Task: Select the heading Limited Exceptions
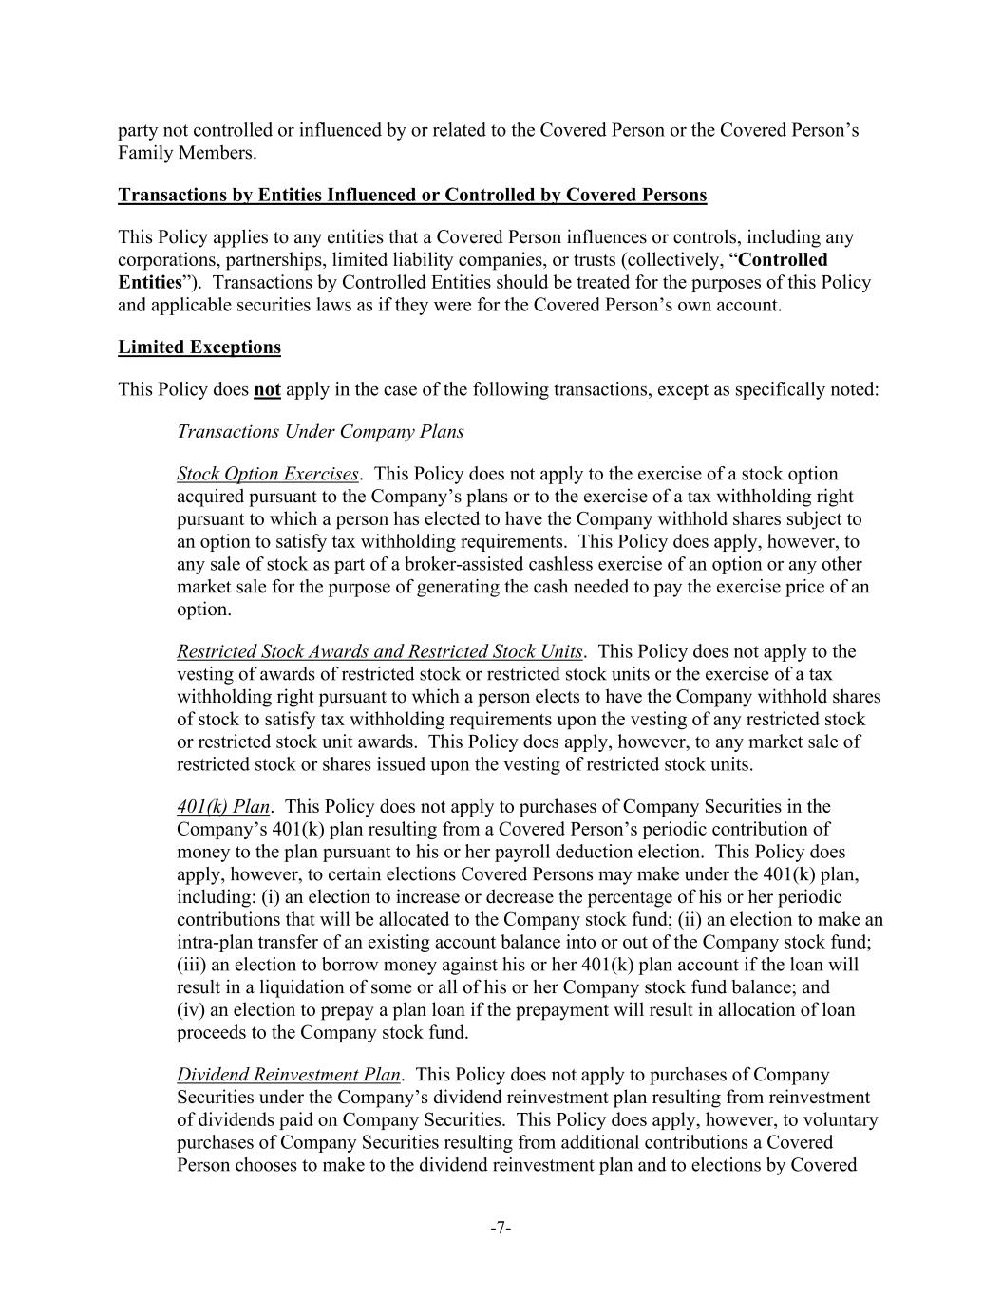[199, 347]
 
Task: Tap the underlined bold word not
[267, 389]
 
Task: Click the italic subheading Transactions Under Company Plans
[320, 431]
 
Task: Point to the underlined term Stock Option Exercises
[268, 474]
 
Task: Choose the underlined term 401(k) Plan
[223, 807]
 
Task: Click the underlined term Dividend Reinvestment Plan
[289, 1075]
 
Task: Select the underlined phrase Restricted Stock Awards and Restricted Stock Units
[380, 651]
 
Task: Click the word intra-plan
[217, 942]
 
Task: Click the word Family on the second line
[145, 153]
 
